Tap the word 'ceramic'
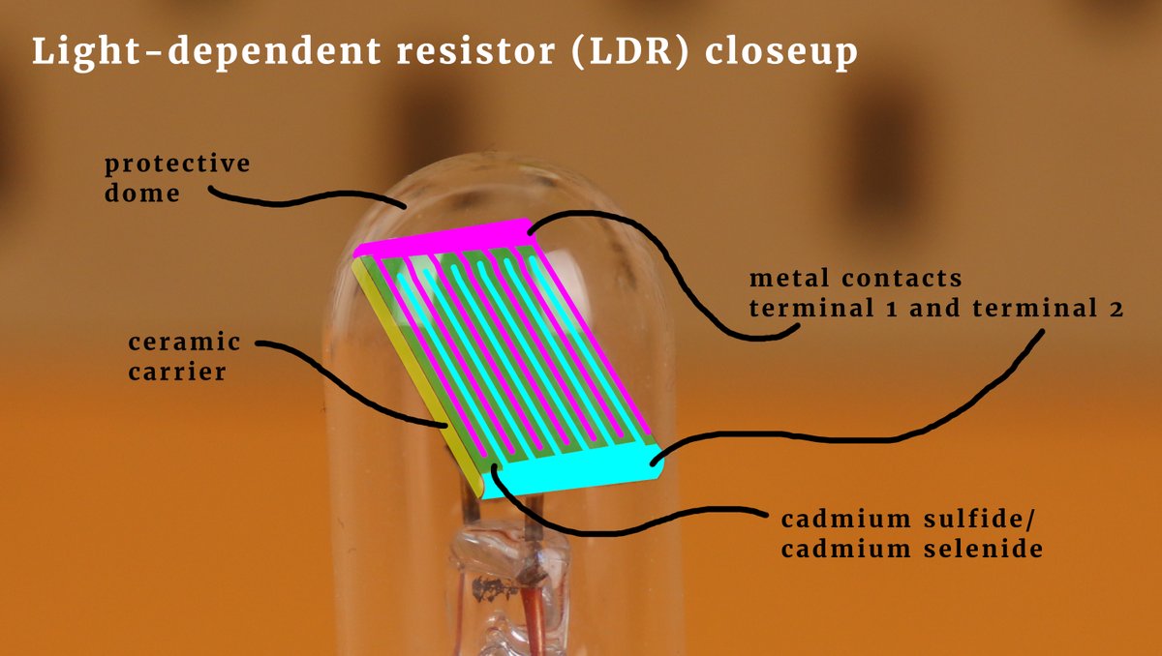point(184,343)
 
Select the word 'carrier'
point(176,371)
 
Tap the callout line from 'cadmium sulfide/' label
point(629,522)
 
